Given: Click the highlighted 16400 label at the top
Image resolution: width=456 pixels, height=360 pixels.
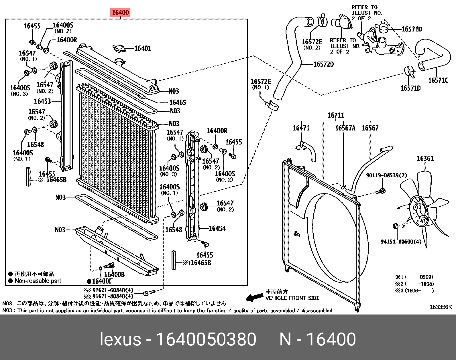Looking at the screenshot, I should (x=120, y=13).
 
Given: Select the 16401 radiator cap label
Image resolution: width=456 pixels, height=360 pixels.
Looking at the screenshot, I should (x=143, y=48).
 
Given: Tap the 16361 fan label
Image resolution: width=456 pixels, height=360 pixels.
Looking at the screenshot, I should (x=425, y=159).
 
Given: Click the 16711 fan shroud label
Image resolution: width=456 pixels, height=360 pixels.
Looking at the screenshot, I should (x=336, y=115).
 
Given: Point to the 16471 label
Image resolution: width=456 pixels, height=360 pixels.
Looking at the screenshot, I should (x=301, y=128).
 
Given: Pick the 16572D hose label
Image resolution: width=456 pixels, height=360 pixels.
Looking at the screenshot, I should (x=323, y=64).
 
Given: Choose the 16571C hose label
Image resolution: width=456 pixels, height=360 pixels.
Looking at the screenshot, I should (x=438, y=80).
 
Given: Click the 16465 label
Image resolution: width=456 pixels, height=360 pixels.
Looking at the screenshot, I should (x=178, y=102).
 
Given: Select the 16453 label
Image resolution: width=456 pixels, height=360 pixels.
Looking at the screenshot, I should (x=42, y=101).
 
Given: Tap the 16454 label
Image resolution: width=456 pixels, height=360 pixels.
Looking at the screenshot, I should (x=217, y=228).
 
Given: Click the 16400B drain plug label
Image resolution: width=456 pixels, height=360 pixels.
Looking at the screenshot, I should (x=114, y=274).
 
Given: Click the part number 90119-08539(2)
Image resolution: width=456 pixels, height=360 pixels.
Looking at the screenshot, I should (x=386, y=175).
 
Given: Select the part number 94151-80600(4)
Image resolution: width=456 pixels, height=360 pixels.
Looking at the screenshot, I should (x=401, y=242).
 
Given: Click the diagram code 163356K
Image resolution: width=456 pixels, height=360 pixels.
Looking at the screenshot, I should (x=440, y=307).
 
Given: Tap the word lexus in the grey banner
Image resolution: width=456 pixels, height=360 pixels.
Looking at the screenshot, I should (x=120, y=339).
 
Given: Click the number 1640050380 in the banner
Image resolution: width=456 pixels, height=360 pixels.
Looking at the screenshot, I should (x=206, y=339).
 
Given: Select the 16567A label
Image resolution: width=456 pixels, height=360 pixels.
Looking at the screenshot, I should (x=345, y=128).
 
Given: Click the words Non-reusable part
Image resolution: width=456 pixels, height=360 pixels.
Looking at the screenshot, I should (x=38, y=281).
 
